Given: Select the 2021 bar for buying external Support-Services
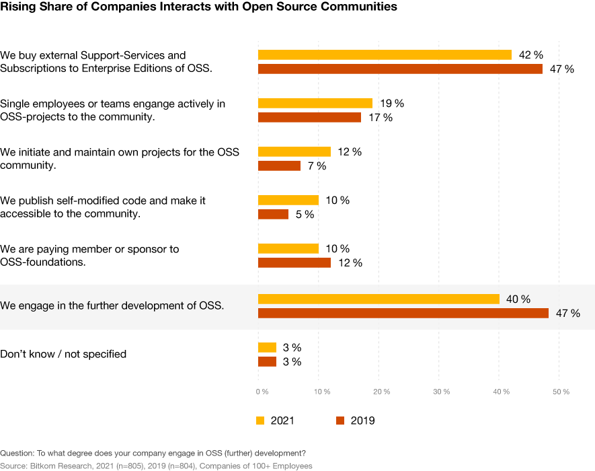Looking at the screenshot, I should point(385,55).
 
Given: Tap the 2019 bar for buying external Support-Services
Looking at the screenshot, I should point(400,69).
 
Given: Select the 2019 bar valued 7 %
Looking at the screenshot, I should point(279,166).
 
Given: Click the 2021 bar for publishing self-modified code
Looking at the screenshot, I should point(288,201).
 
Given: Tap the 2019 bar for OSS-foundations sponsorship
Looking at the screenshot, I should point(294,262).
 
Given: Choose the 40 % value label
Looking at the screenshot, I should point(517,299).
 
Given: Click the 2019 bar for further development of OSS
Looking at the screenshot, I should point(403,313).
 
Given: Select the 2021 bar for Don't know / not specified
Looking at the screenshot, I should point(267,347).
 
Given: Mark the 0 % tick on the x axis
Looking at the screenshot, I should point(262,392).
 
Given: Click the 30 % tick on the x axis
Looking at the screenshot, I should point(441,392).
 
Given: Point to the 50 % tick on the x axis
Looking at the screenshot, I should point(561,392).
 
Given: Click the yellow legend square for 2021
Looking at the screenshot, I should point(261,421).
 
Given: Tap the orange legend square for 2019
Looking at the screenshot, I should point(340,421).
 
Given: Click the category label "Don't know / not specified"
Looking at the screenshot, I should point(63,354).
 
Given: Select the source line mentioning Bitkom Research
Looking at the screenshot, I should point(156,466).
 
